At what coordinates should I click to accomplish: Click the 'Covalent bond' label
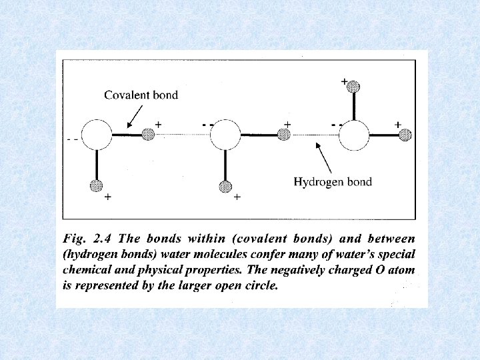tap(141, 95)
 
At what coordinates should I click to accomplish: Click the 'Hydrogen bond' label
tap(333, 181)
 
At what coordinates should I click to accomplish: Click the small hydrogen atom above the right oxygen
tap(353, 87)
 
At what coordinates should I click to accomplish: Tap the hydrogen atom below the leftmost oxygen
tap(97, 186)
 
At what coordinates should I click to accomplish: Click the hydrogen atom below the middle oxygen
tap(225, 186)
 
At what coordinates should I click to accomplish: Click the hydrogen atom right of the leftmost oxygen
tap(149, 135)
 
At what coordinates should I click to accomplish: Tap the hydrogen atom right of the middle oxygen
tap(283, 135)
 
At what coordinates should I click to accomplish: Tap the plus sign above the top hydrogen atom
tap(344, 81)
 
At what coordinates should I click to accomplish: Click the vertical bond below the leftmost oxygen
tap(97, 165)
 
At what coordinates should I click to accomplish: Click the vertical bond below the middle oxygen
tap(225, 165)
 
